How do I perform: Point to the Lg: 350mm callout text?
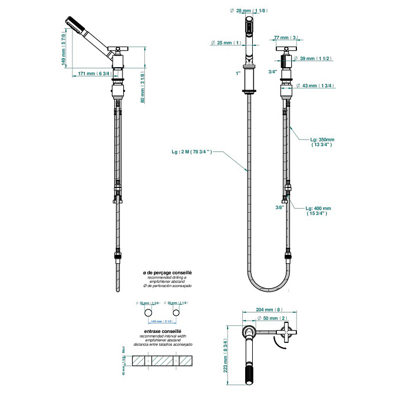click(322, 142)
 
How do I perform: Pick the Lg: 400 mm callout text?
click(318, 211)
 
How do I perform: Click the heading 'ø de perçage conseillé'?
click(168, 273)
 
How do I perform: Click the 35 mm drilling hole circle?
click(148, 312)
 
